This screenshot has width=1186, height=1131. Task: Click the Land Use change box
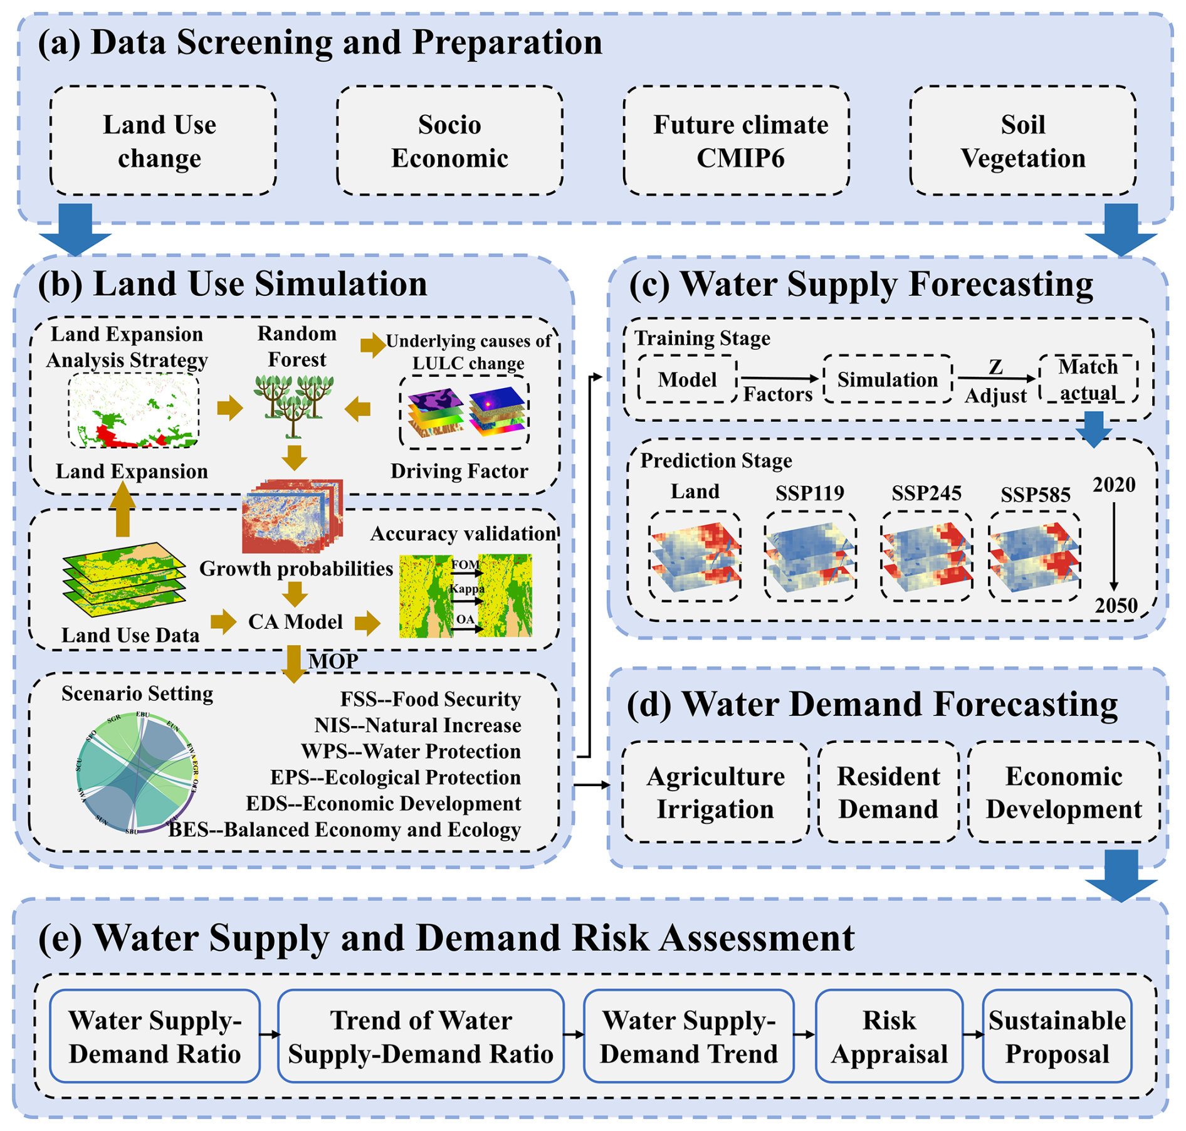point(162,141)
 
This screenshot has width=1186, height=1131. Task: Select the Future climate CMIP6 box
point(736,141)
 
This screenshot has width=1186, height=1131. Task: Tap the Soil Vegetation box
point(1022,141)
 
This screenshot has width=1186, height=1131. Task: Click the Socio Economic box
point(449,141)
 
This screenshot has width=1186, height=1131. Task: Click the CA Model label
point(295,621)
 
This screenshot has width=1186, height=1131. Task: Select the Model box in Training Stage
point(687,379)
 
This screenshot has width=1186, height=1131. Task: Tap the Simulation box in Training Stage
point(887,379)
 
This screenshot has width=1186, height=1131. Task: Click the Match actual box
point(1088,379)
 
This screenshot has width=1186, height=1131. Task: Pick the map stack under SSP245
point(926,555)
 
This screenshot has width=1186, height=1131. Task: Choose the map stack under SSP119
point(809,555)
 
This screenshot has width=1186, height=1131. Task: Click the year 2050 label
point(1116,605)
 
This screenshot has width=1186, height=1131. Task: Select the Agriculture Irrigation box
point(715,792)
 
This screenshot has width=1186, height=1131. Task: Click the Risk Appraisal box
point(888,1036)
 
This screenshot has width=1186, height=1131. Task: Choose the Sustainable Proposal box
point(1057,1036)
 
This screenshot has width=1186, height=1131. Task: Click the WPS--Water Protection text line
point(411,751)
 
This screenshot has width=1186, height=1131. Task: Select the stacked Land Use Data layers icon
point(124,581)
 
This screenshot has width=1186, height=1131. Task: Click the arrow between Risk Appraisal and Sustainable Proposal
point(972,1034)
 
